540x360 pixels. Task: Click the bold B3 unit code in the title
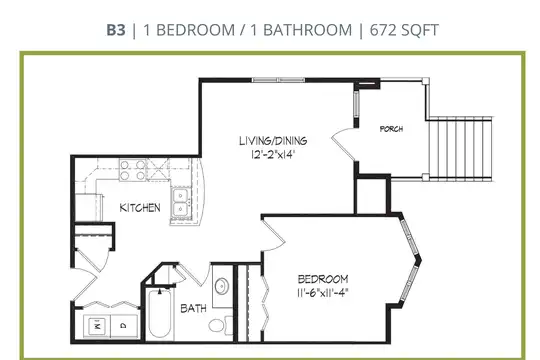(x=116, y=30)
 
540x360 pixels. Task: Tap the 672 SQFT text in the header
(x=404, y=30)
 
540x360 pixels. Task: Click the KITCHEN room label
(x=140, y=208)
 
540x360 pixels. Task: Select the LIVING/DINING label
(x=273, y=141)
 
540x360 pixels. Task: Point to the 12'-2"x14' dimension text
(x=273, y=154)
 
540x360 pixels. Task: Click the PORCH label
(x=391, y=129)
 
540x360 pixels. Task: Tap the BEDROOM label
(x=323, y=279)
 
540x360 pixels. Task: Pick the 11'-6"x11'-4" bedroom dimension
(x=323, y=293)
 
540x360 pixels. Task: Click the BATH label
(x=194, y=308)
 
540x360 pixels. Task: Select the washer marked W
(x=97, y=326)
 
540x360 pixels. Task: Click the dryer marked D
(x=124, y=326)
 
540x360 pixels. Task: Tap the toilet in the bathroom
(x=220, y=325)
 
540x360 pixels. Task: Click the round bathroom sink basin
(x=221, y=286)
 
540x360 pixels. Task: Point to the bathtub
(x=159, y=315)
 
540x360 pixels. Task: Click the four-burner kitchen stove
(x=133, y=170)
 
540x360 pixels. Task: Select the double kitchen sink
(x=180, y=203)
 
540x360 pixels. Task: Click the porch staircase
(x=460, y=149)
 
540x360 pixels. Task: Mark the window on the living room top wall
(x=279, y=80)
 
